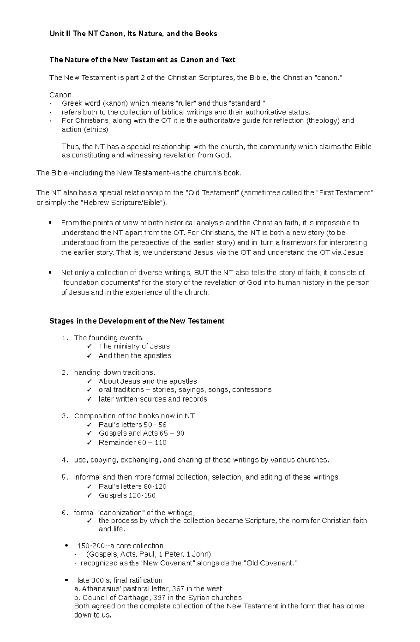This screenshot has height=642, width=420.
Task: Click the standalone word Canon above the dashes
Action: [x=60, y=95]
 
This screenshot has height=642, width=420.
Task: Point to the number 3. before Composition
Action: [x=64, y=416]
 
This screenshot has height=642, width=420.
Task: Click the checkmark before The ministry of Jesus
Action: [x=90, y=346]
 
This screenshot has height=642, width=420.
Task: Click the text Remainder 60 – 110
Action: [x=132, y=443]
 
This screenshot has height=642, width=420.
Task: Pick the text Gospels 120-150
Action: [x=127, y=495]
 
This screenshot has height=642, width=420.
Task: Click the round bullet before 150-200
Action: [x=66, y=546]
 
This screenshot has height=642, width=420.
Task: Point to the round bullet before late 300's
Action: [x=66, y=580]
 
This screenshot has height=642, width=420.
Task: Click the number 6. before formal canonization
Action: [x=64, y=513]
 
